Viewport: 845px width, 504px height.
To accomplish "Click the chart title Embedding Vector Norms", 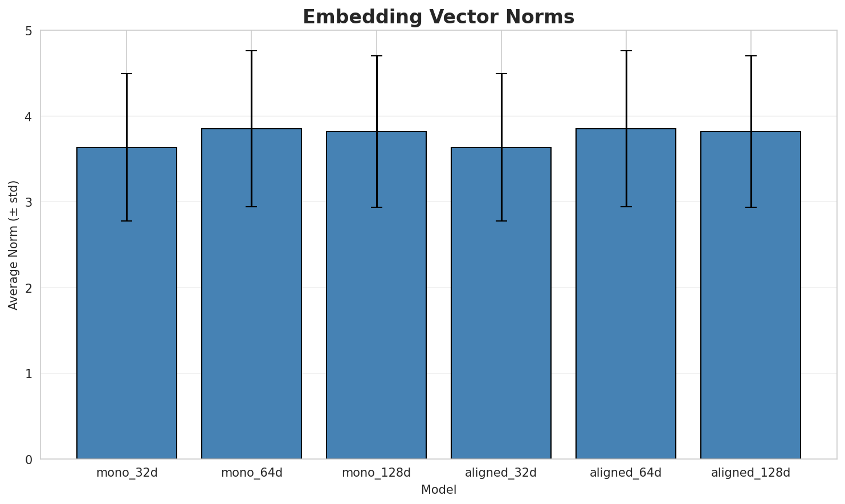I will [x=438, y=17].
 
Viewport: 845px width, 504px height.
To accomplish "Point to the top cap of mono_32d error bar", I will [x=126, y=73].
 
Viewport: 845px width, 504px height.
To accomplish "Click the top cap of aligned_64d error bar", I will [x=626, y=51].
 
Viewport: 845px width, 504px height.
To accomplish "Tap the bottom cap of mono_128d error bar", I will [x=376, y=207].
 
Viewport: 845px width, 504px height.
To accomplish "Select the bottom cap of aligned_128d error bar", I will [x=750, y=207].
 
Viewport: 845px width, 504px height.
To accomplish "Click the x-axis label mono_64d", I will [x=251, y=473].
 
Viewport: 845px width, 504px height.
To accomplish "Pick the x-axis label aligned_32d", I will [x=501, y=473].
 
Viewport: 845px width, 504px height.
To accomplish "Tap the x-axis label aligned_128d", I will [x=750, y=473].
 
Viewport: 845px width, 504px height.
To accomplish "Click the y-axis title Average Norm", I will [x=14, y=245].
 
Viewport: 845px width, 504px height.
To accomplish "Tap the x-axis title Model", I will [x=438, y=490].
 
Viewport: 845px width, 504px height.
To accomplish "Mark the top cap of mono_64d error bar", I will [x=251, y=51].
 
